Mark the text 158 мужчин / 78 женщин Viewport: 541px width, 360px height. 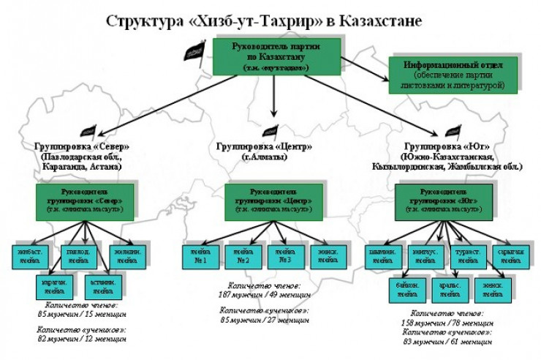[446, 321]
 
